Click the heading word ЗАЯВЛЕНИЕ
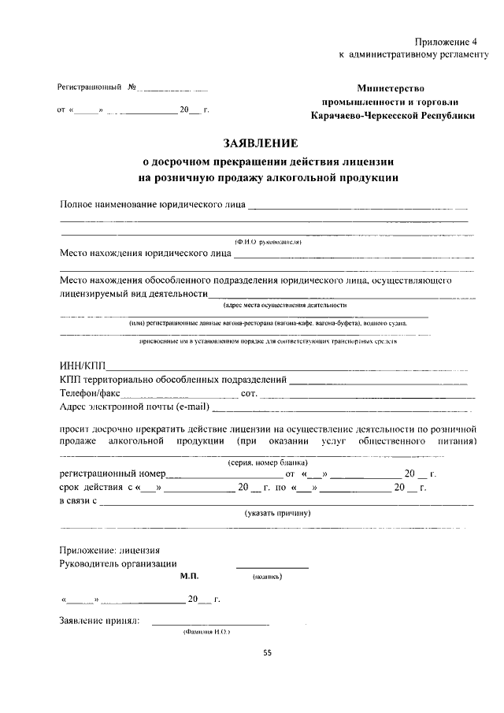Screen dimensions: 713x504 [x=261, y=143]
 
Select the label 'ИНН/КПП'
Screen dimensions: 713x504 [x=82, y=366]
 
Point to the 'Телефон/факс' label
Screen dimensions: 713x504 [x=90, y=392]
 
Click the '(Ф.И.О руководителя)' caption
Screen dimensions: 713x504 [x=269, y=243]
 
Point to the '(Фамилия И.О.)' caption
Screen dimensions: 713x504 [x=206, y=632]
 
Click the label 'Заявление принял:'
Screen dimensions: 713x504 [x=100, y=620]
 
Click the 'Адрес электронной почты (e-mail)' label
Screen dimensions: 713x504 [x=135, y=407]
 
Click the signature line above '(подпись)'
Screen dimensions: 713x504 [x=272, y=568]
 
